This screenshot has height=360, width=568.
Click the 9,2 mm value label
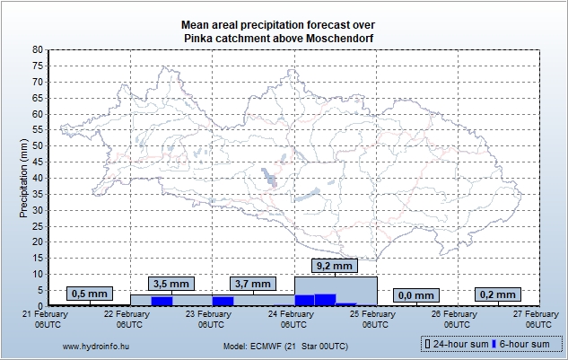[x=336, y=266]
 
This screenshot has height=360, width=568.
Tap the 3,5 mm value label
[x=171, y=284]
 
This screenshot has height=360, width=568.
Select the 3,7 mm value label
[x=253, y=284]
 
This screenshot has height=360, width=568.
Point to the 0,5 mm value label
[x=89, y=294]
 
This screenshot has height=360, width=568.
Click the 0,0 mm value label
[x=417, y=295]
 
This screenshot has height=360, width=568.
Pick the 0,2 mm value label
[x=499, y=294]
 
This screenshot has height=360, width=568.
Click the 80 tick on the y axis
[x=37, y=50]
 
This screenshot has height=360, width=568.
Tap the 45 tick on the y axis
[x=37, y=162]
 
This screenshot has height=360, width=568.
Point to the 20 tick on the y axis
[x=37, y=241]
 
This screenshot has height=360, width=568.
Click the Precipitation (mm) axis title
[x=23, y=178]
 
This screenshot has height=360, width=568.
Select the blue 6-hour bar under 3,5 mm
[x=162, y=301]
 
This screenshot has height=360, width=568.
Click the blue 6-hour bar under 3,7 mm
[x=223, y=301]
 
